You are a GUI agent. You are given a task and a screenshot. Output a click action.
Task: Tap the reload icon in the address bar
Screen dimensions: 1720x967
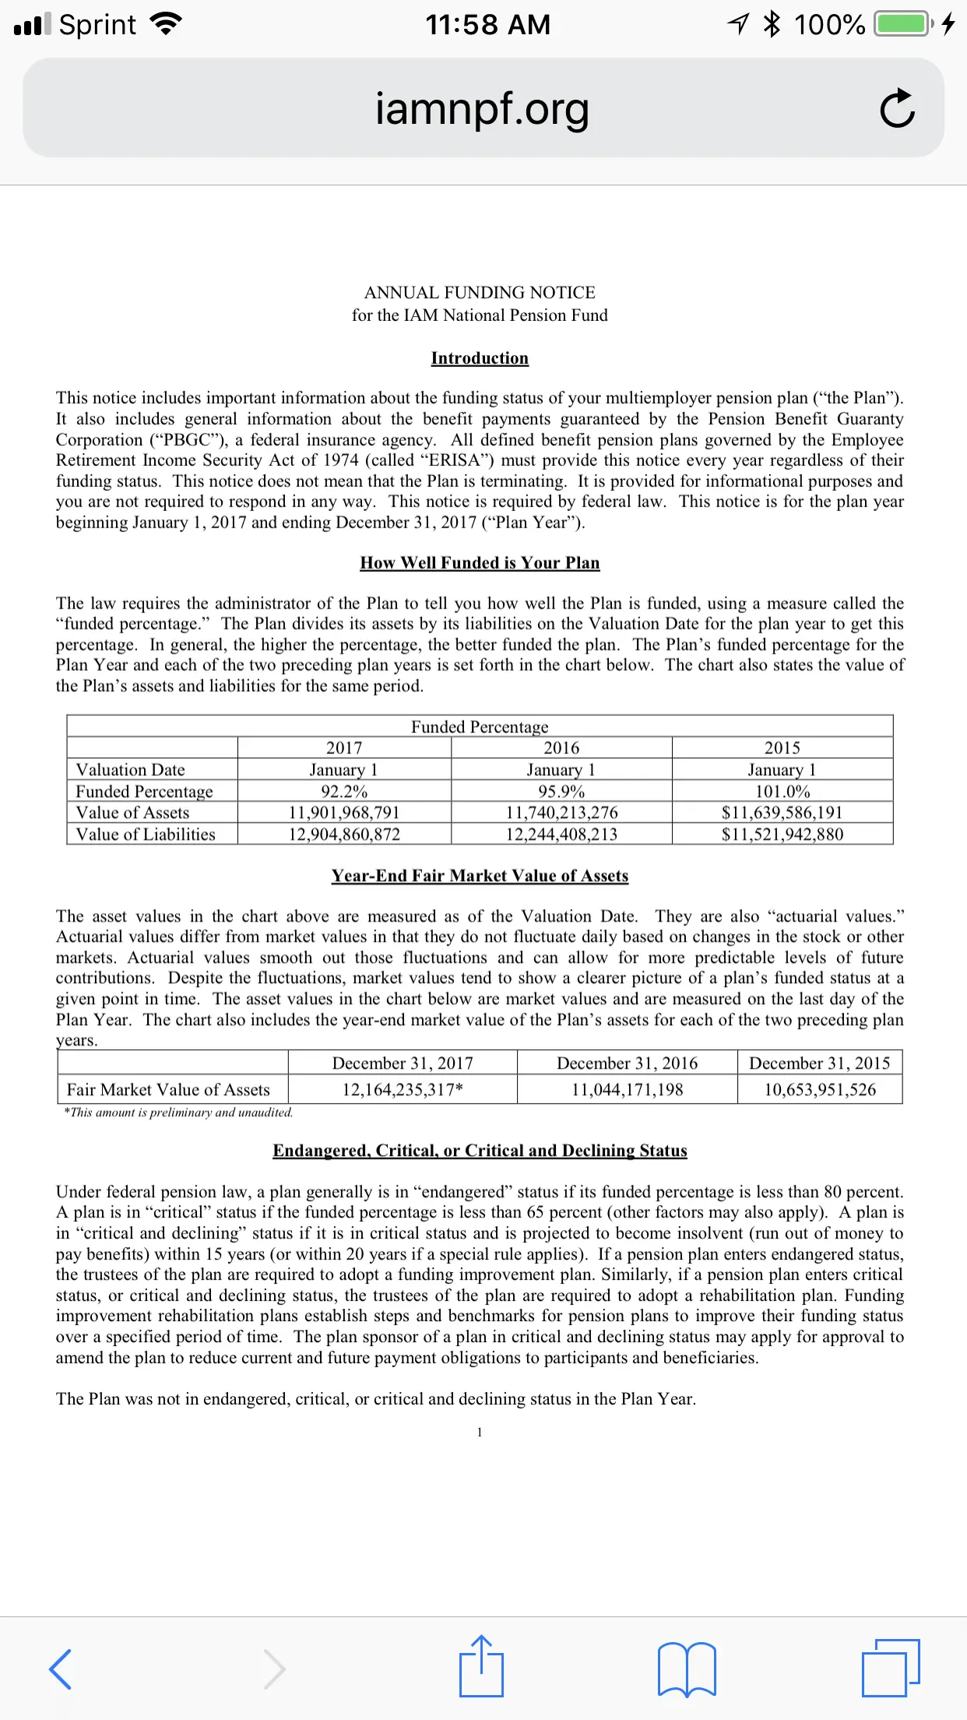897,109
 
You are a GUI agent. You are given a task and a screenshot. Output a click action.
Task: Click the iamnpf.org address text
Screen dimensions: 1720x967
482,109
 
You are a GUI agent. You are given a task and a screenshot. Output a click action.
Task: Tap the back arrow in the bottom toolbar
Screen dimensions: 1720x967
61,1669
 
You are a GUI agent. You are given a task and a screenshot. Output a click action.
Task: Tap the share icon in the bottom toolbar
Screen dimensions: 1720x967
481,1667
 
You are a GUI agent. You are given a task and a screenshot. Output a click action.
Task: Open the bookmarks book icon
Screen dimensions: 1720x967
687,1669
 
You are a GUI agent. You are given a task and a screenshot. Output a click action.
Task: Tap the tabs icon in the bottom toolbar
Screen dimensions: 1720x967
891,1668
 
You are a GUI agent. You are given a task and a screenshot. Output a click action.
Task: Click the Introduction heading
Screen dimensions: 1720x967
480,358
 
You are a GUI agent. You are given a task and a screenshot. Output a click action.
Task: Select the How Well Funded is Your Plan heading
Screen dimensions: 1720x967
480,563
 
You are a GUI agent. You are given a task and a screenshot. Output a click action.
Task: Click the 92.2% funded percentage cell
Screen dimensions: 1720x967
343,791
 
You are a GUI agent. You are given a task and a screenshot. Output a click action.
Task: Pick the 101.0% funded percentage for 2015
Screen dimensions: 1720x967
782,791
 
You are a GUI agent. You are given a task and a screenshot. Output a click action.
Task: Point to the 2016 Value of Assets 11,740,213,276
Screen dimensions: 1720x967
561,812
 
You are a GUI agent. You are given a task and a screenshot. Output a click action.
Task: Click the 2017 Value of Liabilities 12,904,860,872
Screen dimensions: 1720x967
343,834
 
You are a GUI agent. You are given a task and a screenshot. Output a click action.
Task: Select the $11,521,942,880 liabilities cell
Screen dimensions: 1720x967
782,834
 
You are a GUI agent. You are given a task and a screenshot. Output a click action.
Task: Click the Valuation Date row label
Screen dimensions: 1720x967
130,770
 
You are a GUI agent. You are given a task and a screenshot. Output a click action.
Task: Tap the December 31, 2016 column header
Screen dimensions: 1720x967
627,1063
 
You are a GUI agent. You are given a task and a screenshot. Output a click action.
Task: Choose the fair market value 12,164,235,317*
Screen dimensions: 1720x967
402,1090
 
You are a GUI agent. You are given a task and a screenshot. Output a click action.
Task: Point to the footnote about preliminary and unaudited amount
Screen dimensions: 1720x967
178,1112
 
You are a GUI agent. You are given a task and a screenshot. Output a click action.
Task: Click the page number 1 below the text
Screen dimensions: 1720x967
480,1432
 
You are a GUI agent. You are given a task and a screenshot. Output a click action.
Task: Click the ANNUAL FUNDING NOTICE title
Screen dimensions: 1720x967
480,293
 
